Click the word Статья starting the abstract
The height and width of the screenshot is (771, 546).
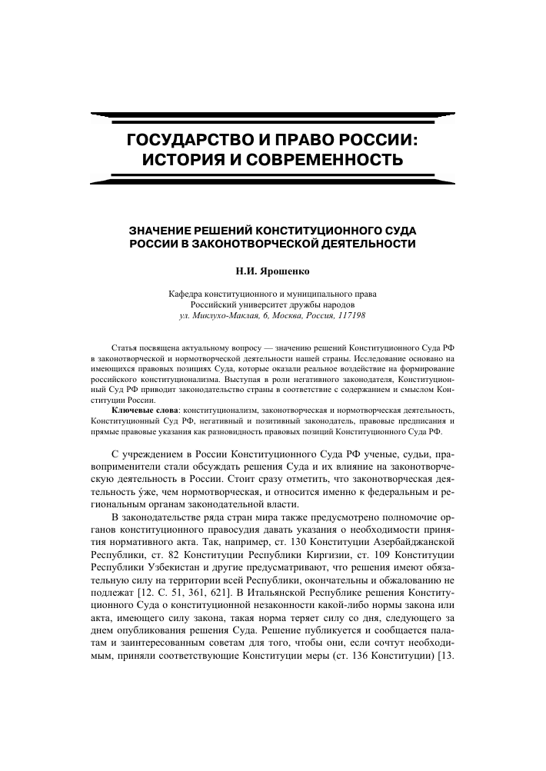tap(125, 348)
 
